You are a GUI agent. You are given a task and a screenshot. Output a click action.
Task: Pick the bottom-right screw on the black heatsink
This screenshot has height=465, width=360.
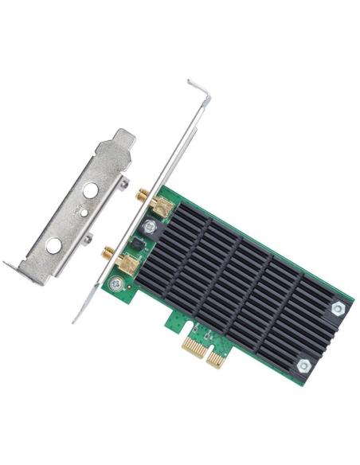pos(304,365)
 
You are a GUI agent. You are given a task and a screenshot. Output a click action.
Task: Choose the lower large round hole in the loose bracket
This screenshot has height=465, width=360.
pos(54,247)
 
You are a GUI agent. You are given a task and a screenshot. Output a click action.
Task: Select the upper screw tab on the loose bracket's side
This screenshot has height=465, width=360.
pos(123,185)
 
